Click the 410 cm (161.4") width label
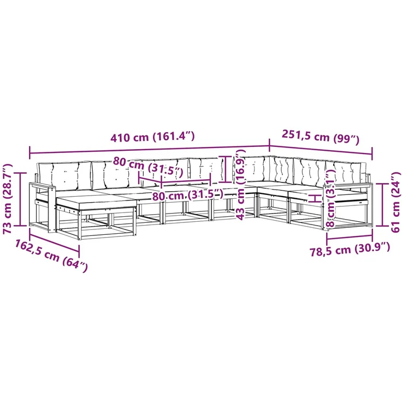pyautogui.click(x=152, y=137)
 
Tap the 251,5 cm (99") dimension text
pyautogui.click(x=321, y=137)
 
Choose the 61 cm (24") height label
pyautogui.click(x=395, y=202)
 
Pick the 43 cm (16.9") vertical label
pyautogui.click(x=241, y=185)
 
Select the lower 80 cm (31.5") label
pyautogui.click(x=188, y=195)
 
